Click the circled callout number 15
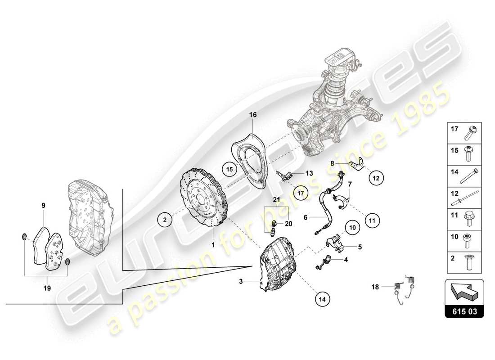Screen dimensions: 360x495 coord(229,169)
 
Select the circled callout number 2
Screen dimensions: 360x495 coord(165,220)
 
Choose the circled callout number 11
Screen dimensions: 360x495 coord(372,220)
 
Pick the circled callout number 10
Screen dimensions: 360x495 coord(353,228)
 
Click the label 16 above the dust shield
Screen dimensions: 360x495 coord(253,115)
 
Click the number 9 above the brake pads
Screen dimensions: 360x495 coord(44,206)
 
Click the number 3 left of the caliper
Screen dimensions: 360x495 coord(241,282)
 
